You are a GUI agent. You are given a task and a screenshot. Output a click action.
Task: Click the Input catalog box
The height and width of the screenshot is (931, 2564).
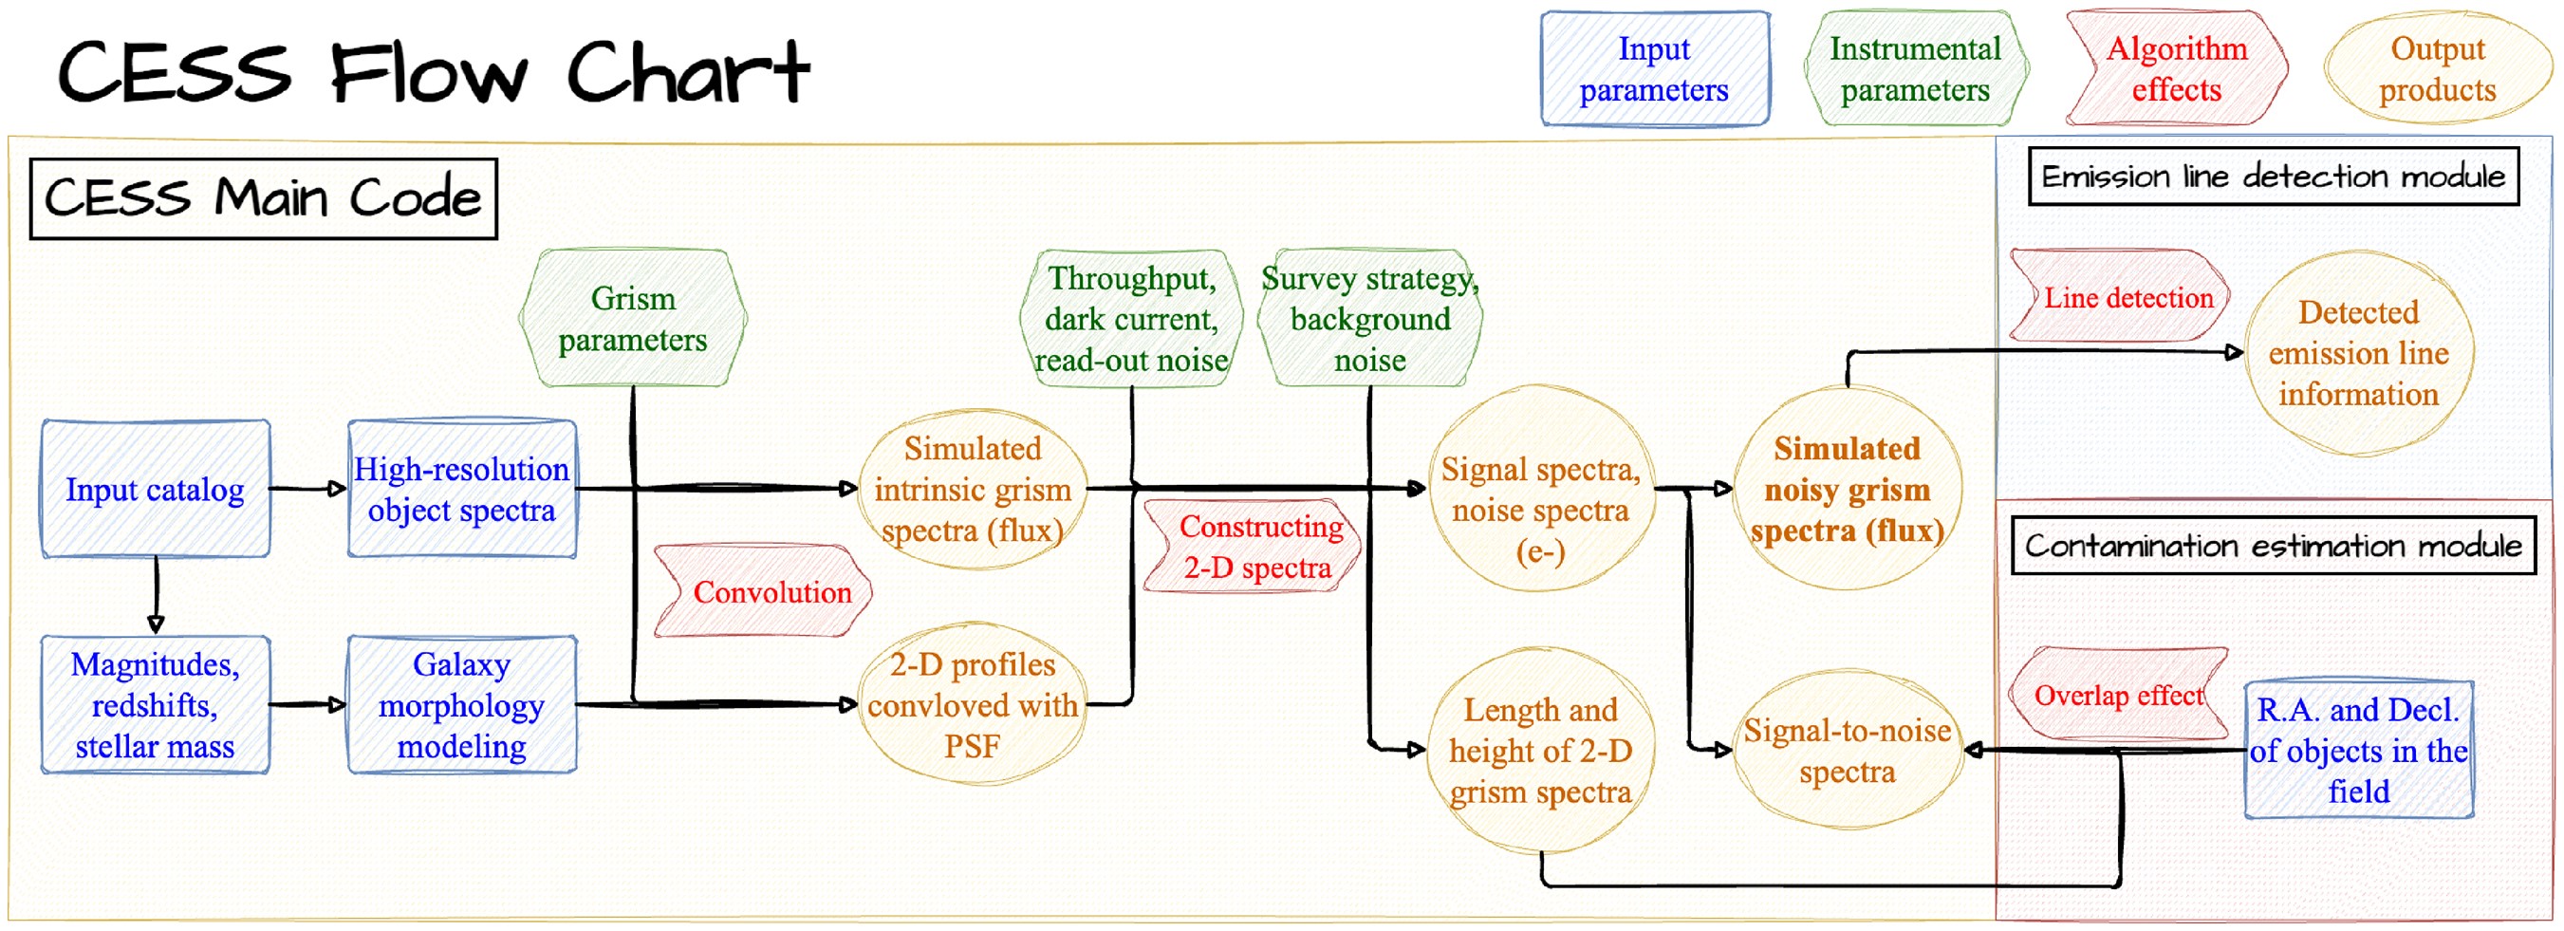(x=156, y=489)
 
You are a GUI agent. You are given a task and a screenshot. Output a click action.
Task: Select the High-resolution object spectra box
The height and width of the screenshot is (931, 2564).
(x=462, y=489)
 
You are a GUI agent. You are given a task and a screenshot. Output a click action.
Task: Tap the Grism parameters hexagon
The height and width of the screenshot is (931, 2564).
(x=633, y=319)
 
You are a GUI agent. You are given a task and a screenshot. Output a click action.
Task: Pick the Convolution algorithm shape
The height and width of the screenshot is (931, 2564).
(x=764, y=591)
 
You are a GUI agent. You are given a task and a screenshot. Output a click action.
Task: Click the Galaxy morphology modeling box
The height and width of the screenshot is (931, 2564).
(x=462, y=705)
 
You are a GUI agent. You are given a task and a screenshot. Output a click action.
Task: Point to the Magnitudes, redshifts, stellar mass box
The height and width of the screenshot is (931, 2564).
(x=156, y=705)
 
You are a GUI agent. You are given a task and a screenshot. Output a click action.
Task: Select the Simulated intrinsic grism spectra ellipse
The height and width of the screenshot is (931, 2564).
(x=973, y=489)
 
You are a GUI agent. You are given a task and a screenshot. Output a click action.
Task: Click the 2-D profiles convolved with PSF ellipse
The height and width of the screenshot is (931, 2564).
(x=973, y=705)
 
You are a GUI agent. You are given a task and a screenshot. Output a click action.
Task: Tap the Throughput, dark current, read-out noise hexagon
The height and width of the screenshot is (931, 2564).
(x=1132, y=319)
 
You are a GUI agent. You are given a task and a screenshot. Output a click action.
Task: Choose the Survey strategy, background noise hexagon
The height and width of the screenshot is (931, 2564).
(x=1370, y=319)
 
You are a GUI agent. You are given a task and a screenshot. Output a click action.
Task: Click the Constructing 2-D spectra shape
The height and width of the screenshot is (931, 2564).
(x=1254, y=547)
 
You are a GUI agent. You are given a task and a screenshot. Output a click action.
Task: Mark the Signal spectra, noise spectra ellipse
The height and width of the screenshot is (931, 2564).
(x=1541, y=489)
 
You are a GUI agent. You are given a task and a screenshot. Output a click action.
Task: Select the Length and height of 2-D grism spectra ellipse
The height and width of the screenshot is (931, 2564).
(x=1541, y=751)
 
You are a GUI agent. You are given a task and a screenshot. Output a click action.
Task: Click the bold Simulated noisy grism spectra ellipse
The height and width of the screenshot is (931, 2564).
(x=1848, y=489)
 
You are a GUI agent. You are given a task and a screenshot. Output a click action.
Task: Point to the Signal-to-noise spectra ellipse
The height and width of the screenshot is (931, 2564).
(x=1848, y=751)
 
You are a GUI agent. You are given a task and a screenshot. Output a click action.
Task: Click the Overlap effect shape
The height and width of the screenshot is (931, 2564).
(x=2118, y=694)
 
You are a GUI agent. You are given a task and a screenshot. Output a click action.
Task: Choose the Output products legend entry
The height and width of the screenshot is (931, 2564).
(x=2438, y=68)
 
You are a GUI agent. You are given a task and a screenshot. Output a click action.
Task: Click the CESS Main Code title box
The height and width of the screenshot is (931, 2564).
(x=264, y=199)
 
